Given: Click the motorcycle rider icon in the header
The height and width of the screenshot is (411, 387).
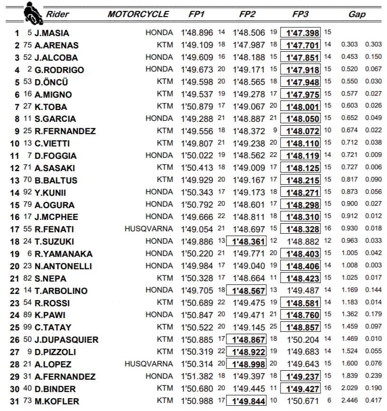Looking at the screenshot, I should (x=32, y=13).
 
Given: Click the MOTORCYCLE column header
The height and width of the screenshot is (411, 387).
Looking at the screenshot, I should (x=138, y=14).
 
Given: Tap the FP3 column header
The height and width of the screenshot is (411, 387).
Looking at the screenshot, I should (x=301, y=14).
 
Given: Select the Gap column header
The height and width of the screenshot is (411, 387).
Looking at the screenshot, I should (x=357, y=14).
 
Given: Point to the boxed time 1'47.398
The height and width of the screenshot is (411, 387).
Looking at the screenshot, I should (x=301, y=33).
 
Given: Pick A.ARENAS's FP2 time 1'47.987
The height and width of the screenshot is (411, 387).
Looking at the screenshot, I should (x=249, y=45).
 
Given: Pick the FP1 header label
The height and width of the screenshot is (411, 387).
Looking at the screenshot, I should (x=197, y=14).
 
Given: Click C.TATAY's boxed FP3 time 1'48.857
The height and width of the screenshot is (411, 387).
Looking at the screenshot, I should (x=301, y=328).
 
